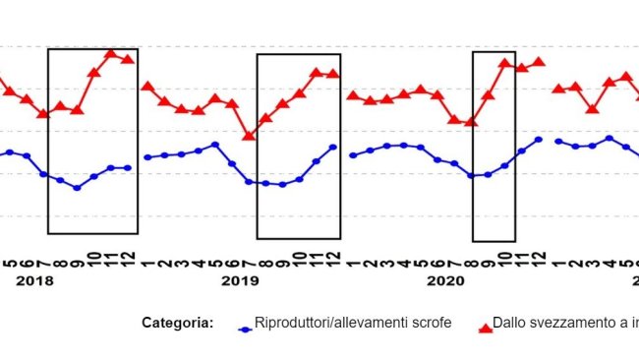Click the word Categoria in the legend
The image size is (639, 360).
pos(177,323)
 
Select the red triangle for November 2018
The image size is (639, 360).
pos(110,53)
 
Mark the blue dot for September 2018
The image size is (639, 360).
pos(77,188)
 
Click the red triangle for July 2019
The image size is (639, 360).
pos(249,135)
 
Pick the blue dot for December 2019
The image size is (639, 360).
pos(333,148)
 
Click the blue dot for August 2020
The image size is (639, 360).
pos(472,176)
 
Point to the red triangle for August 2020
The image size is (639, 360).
pos(472,121)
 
